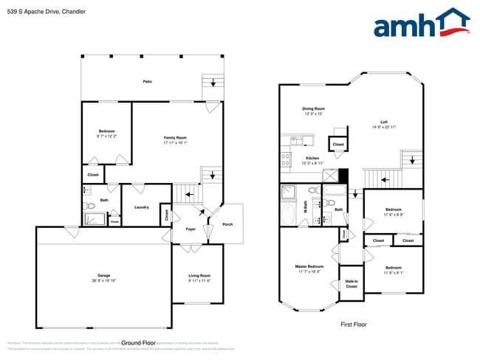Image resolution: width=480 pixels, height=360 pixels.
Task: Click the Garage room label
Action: click(104, 276)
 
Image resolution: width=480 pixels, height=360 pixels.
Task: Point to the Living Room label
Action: click(199, 276)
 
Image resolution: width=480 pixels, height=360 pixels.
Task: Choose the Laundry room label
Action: click(142, 207)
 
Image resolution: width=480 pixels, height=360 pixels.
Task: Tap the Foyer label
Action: click(190, 229)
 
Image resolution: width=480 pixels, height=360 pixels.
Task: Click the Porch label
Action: click(228, 225)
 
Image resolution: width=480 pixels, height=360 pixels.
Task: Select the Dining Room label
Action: click(314, 109)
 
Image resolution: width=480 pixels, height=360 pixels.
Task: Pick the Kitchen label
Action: click(312, 159)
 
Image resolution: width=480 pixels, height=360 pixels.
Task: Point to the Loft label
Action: click(384, 122)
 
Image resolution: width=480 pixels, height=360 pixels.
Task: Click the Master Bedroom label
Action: click(309, 266)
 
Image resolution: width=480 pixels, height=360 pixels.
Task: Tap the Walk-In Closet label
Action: click(351, 283)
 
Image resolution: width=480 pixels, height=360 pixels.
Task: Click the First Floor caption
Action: click(353, 325)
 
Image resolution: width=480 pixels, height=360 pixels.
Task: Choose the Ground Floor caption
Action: click(138, 342)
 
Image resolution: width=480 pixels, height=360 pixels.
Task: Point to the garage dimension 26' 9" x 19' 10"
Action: click(104, 281)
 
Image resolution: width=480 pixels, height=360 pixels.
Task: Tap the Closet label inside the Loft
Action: click(337, 145)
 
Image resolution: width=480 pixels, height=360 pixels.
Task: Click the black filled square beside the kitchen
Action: click(343, 176)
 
